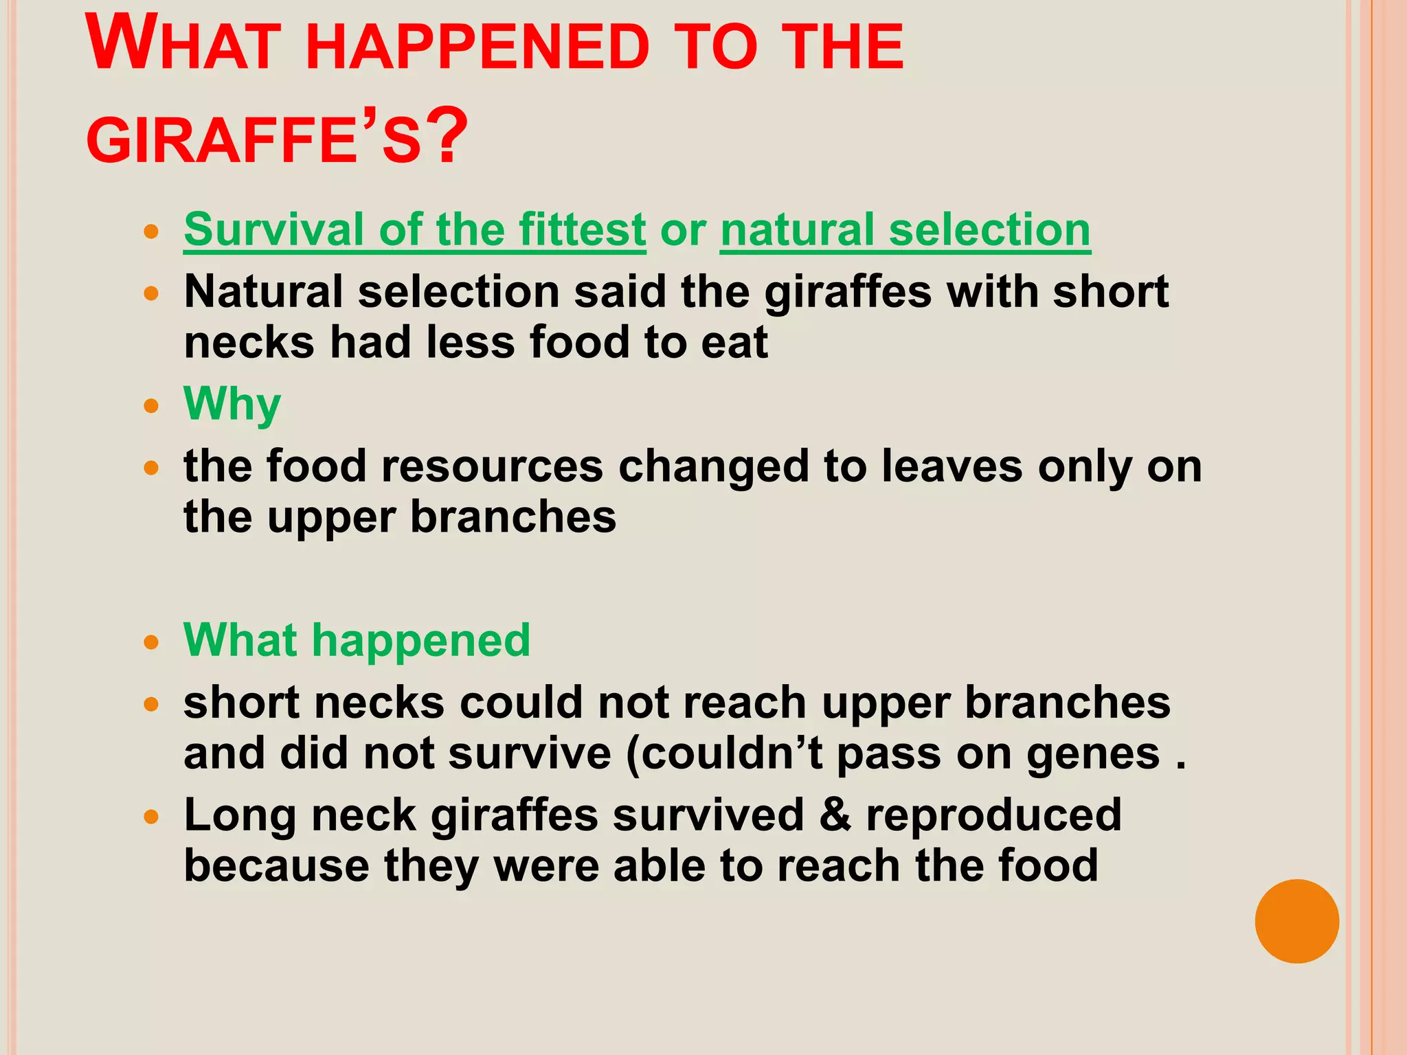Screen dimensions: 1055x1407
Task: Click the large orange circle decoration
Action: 1296,921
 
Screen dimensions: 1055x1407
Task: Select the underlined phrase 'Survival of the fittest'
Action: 414,229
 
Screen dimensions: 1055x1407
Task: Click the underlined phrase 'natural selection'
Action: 905,229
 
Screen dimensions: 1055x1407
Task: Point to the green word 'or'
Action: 683,231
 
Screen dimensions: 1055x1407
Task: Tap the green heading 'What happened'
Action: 357,640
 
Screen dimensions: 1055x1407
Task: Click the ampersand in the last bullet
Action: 834,815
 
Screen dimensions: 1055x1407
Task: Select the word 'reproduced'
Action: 993,815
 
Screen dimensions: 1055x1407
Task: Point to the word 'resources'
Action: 492,466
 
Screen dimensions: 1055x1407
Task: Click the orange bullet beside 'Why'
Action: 151,405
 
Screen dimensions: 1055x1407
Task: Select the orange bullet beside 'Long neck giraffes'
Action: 151,817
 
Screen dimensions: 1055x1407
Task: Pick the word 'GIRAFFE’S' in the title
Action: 253,141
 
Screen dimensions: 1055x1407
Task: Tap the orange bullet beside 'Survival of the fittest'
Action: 151,231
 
